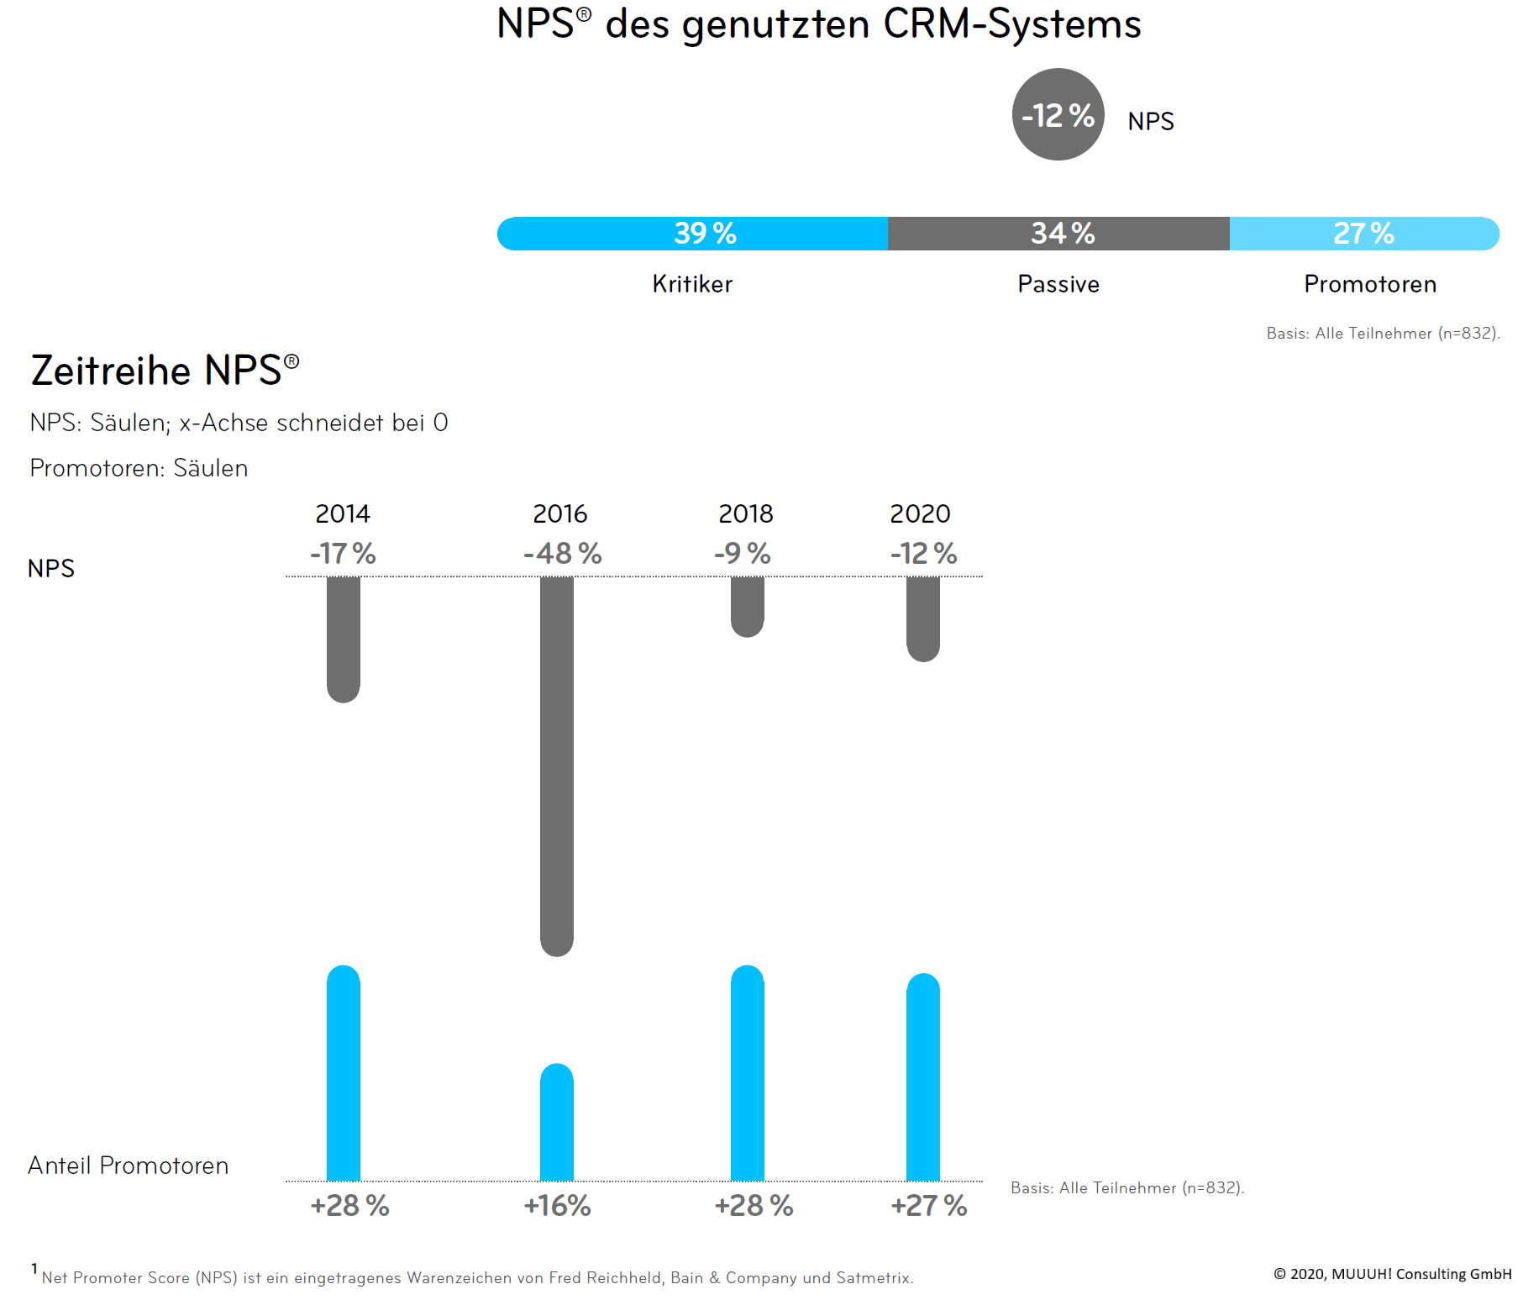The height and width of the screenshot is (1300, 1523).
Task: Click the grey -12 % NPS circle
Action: click(1058, 114)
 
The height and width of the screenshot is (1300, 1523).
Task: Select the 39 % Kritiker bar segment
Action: click(692, 234)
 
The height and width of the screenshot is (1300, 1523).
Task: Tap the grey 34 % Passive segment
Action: click(1058, 234)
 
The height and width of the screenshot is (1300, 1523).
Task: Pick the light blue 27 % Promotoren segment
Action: click(1364, 234)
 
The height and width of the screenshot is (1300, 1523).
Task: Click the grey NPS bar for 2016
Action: click(557, 765)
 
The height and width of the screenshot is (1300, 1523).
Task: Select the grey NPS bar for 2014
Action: click(344, 639)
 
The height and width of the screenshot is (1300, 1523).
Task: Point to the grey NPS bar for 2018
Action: click(747, 606)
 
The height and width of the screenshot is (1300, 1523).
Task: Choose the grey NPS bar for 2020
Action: click(923, 618)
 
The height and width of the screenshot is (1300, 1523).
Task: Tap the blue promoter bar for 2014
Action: click(344, 1073)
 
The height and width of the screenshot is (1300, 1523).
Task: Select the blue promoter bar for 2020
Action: click(923, 1077)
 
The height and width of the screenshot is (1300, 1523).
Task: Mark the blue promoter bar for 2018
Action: click(747, 1073)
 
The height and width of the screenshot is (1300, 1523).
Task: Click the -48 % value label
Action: click(562, 554)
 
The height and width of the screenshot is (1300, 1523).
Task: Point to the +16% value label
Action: click(557, 1206)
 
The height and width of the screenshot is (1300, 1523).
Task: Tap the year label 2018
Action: click(746, 513)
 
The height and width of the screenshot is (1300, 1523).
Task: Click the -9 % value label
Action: click(743, 554)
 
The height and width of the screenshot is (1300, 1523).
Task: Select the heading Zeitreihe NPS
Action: click(165, 371)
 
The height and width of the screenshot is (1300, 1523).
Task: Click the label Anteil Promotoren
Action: click(129, 1166)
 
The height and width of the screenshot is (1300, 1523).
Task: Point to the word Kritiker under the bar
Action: click(692, 284)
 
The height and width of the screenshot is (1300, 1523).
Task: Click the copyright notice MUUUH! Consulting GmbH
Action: click(1392, 1274)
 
